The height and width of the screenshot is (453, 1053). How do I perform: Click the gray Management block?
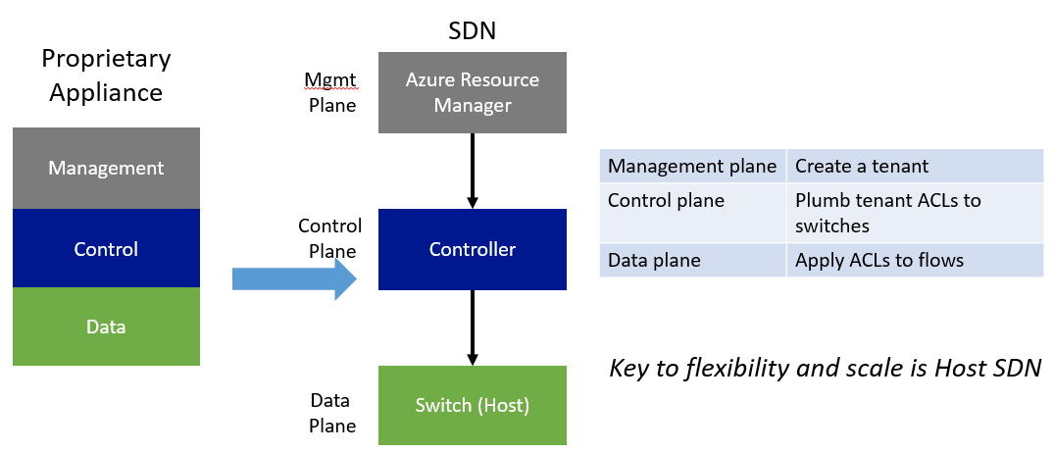106,168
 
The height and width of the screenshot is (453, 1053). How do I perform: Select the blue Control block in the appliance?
106,248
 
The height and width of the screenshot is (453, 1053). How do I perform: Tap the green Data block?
106,327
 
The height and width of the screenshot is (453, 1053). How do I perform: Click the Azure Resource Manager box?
472,92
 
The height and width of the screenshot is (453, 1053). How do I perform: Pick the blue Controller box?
472,249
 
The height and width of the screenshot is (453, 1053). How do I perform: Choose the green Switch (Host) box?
472,405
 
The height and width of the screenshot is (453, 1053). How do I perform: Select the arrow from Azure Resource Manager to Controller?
472,171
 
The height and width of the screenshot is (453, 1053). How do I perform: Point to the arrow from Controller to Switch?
472,327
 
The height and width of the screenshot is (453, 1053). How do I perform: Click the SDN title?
472,30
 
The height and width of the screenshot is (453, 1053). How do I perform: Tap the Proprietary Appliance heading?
106,75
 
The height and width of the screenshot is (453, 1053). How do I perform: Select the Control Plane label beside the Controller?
330,238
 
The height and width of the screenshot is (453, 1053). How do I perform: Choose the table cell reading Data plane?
692,260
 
